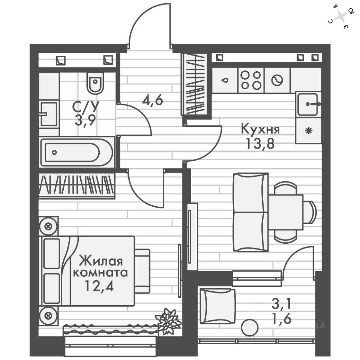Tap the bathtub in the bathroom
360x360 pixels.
(x=76, y=153)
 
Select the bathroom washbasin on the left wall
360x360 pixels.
(x=49, y=113)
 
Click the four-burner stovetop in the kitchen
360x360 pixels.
(x=251, y=80)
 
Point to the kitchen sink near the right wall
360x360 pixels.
(x=308, y=105)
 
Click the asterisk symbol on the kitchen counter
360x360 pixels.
(x=308, y=131)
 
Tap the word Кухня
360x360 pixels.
(x=260, y=130)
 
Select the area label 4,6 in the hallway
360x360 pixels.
(x=152, y=100)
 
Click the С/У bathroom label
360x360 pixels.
(x=86, y=107)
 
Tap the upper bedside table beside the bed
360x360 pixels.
(x=48, y=226)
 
